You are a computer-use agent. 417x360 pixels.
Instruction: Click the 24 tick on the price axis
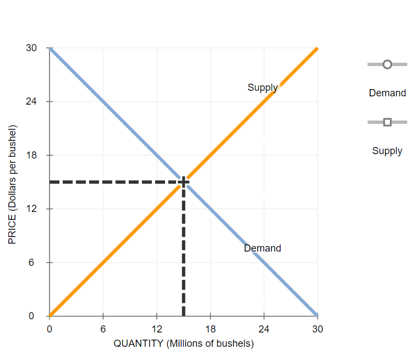click(x=31, y=102)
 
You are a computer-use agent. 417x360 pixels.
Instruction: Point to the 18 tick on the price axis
click(x=31, y=155)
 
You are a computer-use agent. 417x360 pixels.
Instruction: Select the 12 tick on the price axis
click(x=31, y=209)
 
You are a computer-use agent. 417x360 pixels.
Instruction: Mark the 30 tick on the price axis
click(x=31, y=48)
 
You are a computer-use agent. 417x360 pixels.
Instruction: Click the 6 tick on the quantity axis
click(x=103, y=329)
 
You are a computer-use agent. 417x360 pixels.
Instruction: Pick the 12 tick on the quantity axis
click(x=157, y=329)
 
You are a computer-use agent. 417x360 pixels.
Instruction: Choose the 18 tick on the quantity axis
click(x=210, y=329)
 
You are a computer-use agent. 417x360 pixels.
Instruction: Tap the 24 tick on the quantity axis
click(x=264, y=329)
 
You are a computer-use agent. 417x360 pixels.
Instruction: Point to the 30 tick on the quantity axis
click(x=317, y=329)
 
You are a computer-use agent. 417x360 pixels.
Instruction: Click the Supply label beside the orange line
click(x=262, y=88)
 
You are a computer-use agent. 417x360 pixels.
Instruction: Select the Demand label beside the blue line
click(x=262, y=248)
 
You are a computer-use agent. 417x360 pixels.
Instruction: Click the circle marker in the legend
click(x=387, y=64)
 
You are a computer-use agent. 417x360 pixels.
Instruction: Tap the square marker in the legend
click(x=387, y=122)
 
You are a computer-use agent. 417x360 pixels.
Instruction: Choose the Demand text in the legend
click(x=387, y=93)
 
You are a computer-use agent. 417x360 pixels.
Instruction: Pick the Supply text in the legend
click(x=387, y=151)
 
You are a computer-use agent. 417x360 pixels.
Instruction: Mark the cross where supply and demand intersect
click(x=183, y=182)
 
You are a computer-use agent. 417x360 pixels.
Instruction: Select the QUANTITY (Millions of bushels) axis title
click(x=184, y=343)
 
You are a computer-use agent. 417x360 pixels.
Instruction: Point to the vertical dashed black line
click(x=183, y=253)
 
